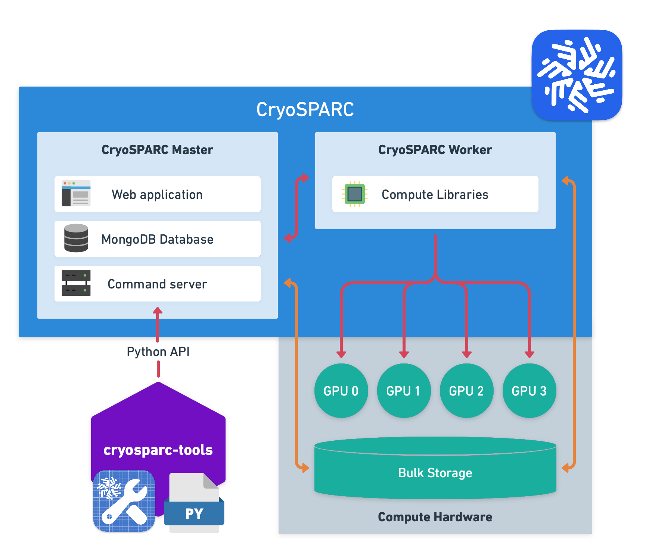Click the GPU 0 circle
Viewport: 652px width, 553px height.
point(341,391)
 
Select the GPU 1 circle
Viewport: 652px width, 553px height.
point(404,391)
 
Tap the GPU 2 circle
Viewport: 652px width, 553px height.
point(466,391)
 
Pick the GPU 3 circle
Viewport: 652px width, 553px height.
point(529,391)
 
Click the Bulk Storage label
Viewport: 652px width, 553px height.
point(435,473)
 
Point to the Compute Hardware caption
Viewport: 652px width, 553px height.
point(435,517)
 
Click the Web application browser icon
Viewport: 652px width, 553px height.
point(76,193)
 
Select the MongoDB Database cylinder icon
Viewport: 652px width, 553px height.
point(76,238)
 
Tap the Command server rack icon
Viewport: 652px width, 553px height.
point(76,283)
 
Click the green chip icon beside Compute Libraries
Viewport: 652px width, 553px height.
point(354,194)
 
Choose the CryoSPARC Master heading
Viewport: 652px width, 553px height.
point(157,150)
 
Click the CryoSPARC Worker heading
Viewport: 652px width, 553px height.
point(435,150)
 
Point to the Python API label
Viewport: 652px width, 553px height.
point(158,352)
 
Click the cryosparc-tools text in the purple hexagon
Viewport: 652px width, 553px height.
point(158,450)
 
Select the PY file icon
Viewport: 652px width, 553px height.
point(194,503)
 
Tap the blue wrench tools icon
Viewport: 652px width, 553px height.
point(124,501)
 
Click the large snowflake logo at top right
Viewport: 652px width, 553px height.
point(577,75)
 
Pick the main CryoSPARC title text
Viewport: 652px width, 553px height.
point(305,109)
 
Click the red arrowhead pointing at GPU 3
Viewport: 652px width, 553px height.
point(529,354)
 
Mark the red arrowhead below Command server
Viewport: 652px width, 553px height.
point(158,310)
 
